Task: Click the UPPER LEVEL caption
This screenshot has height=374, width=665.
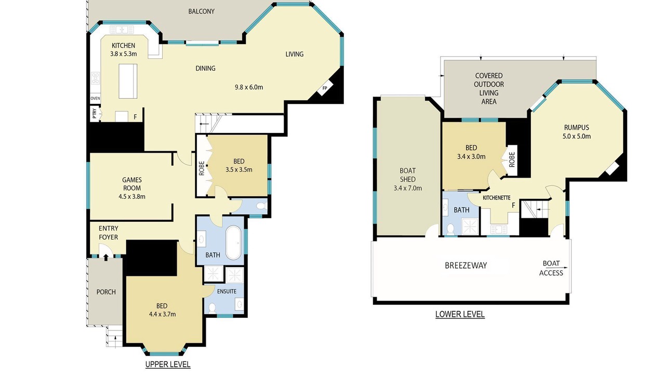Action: pos(168,364)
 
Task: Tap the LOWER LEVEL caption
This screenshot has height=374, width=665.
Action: pos(460,314)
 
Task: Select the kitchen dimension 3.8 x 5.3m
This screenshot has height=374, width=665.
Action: pos(124,54)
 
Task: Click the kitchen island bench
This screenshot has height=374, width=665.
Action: pos(128,81)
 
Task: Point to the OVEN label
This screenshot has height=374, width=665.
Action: pos(95,98)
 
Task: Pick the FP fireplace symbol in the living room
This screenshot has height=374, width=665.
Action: pos(325,88)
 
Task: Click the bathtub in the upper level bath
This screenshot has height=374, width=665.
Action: pos(234,243)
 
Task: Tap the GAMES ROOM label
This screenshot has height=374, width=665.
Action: pos(132,184)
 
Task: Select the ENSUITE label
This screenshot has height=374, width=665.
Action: pos(227,291)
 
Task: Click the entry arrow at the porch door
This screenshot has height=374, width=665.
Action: pos(106,257)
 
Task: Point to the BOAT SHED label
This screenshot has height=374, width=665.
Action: pos(408,175)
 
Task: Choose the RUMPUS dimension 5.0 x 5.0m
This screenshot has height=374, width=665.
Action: pos(577,137)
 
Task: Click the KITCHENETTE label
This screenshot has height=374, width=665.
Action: pos(497,198)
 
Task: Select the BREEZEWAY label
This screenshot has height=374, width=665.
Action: pos(466,265)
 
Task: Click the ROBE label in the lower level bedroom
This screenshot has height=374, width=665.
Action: pos(512,159)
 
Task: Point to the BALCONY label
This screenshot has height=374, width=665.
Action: pos(201,11)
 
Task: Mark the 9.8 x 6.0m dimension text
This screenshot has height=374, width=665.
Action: pos(249,87)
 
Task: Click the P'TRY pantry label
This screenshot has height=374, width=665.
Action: pos(95,113)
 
